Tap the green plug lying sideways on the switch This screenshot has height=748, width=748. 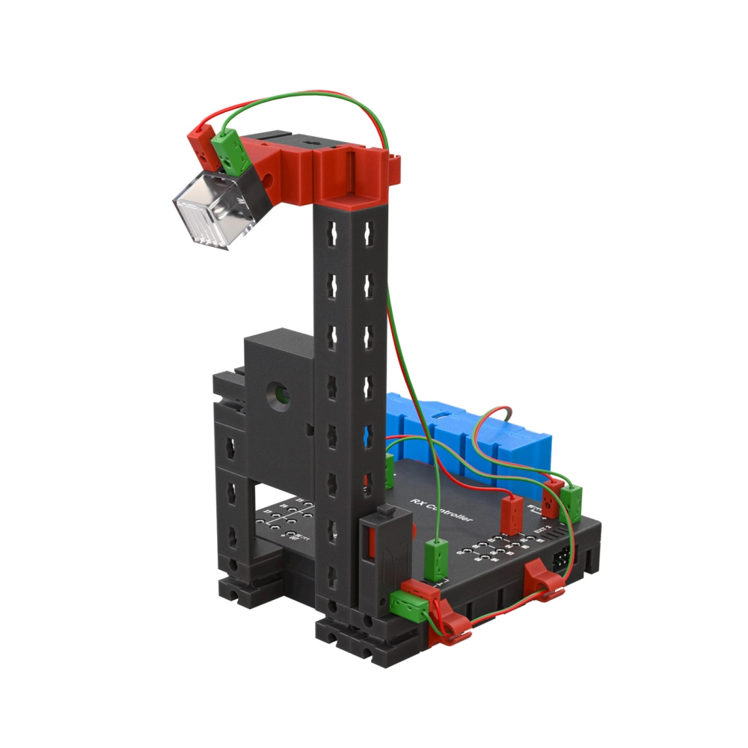pyautogui.click(x=408, y=601)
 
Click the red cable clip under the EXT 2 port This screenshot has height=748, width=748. pyautogui.click(x=544, y=580)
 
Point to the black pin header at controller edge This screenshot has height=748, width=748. pyautogui.click(x=562, y=558)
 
